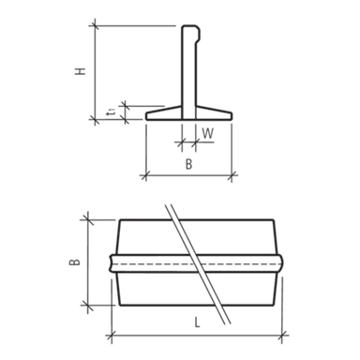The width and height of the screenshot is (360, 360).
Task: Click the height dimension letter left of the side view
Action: point(83,70)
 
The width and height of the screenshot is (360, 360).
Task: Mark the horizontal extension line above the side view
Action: point(141,25)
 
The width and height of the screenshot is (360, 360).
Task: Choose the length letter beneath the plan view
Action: point(196,322)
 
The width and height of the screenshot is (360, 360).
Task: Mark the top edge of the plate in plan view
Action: point(197,222)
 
